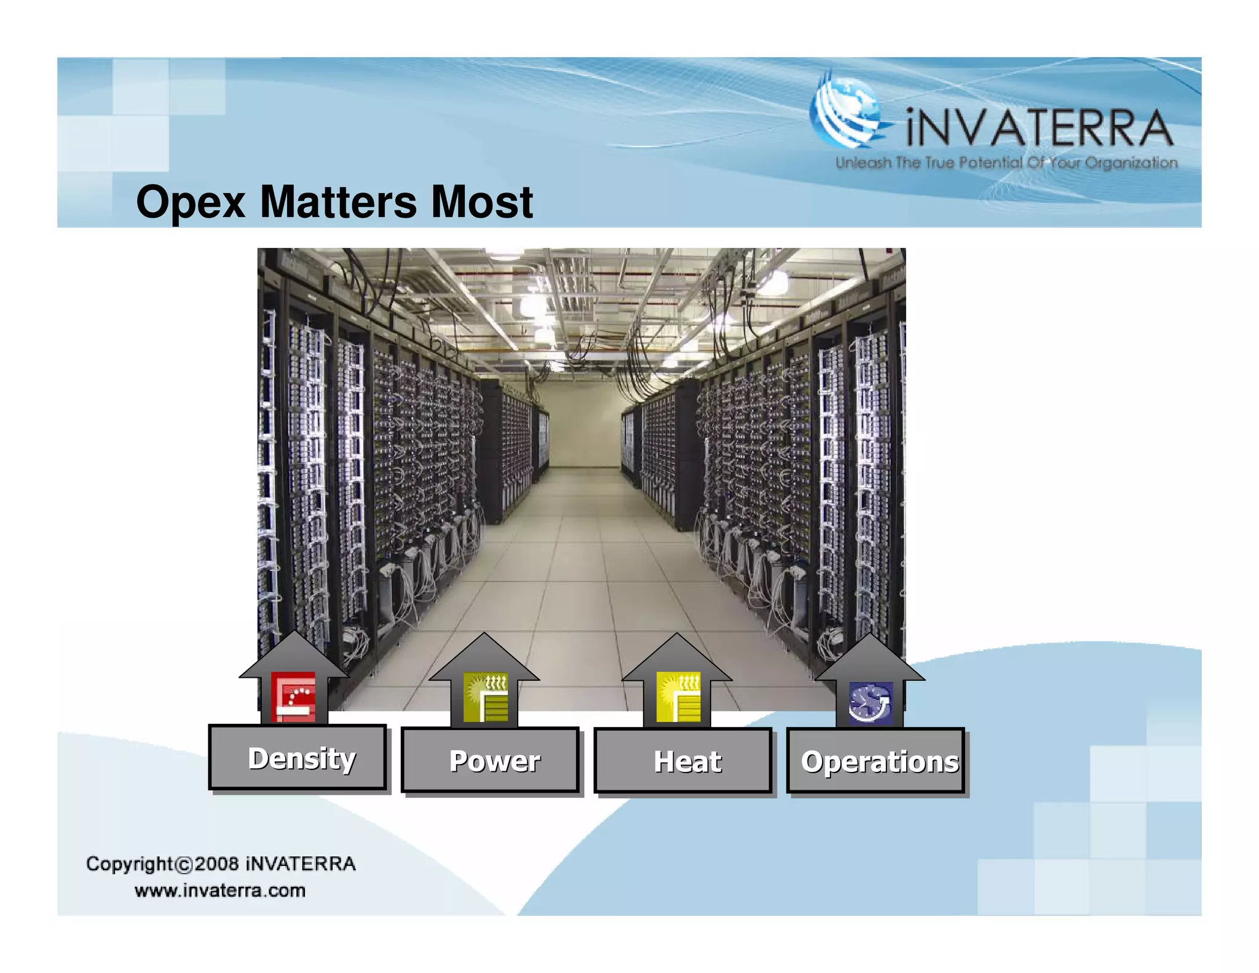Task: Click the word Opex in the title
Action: click(191, 203)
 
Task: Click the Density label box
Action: click(298, 758)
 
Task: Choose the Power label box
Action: click(491, 761)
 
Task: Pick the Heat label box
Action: click(683, 761)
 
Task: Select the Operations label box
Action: click(876, 761)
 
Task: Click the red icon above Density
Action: click(294, 697)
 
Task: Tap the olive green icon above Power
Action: click(486, 697)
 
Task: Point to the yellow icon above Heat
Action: click(678, 697)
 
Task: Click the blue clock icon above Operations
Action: click(870, 702)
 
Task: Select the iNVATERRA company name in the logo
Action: click(1039, 128)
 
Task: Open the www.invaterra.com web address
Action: click(220, 891)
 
